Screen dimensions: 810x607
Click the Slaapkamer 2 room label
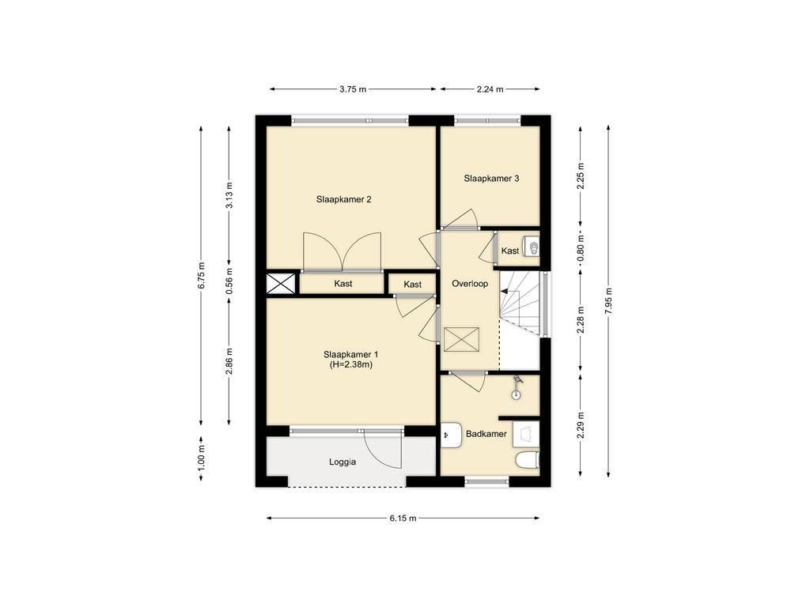343,199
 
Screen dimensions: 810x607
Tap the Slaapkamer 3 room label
491,179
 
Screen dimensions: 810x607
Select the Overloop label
470,284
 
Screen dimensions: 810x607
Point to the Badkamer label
486,434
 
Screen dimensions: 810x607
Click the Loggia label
343,462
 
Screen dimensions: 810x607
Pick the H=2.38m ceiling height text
351,364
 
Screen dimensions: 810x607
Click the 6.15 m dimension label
403,518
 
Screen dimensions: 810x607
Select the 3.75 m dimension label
353,89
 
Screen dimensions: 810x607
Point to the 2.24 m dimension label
490,89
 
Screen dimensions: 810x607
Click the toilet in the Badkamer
528,459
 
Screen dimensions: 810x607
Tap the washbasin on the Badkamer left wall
451,435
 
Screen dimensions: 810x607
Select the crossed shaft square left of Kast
281,284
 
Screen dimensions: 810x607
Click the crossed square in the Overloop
461,340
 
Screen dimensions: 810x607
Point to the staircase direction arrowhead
504,291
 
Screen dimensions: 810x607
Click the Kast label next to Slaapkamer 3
510,251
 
